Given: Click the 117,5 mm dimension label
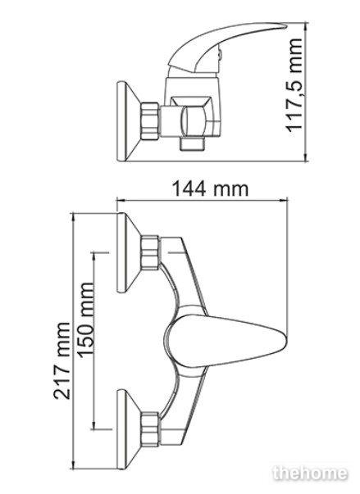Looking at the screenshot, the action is [x=294, y=84].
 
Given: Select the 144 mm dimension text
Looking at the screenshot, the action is [x=210, y=189].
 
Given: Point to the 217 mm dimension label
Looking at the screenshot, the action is [x=62, y=360].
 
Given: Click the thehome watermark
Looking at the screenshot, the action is [x=311, y=474].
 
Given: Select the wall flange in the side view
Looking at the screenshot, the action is [x=127, y=122].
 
